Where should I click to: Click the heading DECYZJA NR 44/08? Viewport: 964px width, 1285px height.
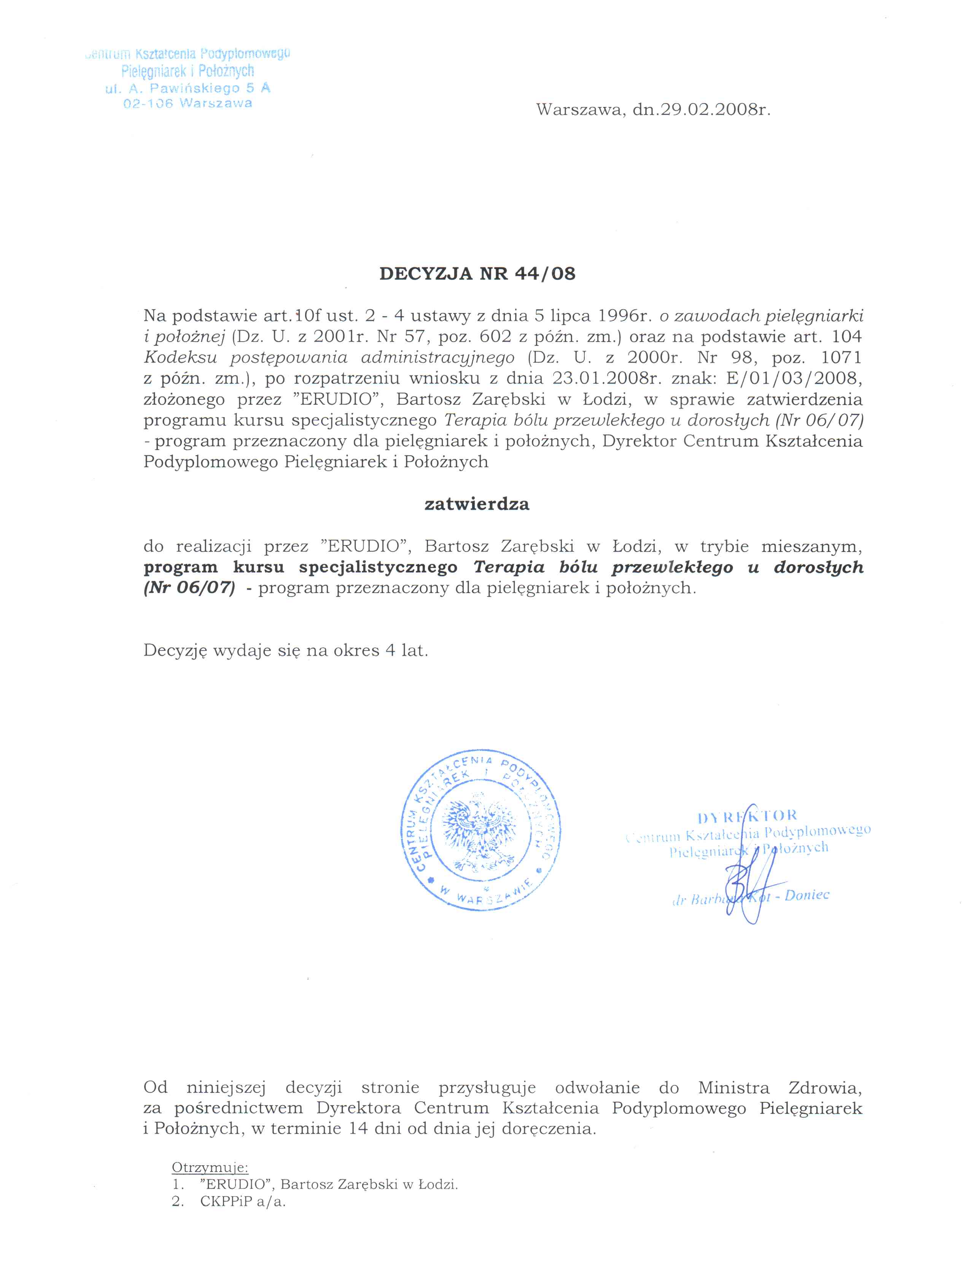tap(477, 274)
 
